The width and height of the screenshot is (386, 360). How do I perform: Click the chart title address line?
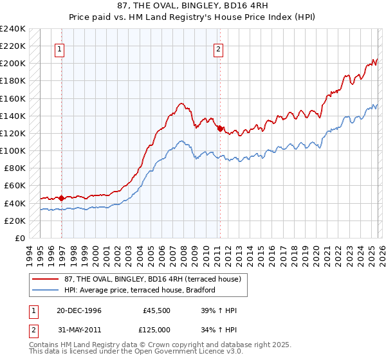click(193, 6)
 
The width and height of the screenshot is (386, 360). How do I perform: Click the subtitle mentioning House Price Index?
click(193, 17)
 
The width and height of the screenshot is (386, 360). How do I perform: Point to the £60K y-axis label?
click(15, 186)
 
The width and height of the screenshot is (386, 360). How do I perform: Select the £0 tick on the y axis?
click(20, 239)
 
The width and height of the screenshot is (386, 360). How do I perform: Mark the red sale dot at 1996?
click(62, 199)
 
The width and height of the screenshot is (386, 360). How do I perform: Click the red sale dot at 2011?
click(220, 129)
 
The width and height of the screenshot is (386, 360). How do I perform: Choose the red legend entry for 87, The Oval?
click(152, 278)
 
